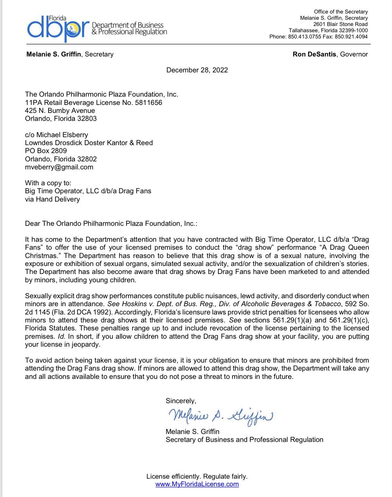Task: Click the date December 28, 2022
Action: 197,70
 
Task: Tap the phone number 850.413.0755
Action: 304,37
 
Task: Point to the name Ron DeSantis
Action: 315,54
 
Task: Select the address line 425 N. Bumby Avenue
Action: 60,110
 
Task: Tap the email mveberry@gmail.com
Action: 59,167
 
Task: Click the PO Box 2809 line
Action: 46,151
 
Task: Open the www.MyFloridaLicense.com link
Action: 197,484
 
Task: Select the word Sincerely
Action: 181,401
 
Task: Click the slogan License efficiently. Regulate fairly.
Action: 197,476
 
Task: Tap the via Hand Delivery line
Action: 52,199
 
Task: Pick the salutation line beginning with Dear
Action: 111,223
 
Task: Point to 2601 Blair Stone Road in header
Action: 340,24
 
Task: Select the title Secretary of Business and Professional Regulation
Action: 244,440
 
